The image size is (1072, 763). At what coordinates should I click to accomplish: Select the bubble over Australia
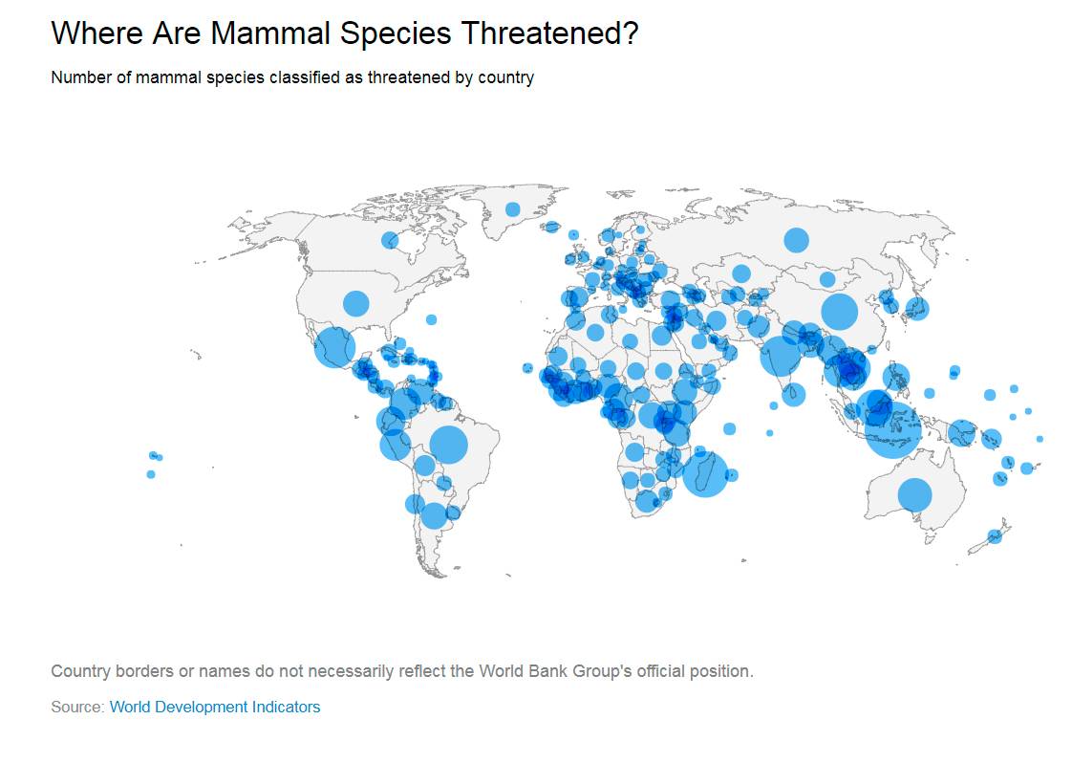[x=914, y=494]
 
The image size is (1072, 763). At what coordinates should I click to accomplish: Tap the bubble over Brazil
[x=448, y=445]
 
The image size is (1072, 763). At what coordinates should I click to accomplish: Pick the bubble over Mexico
[x=334, y=347]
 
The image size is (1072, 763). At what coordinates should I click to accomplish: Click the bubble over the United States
[x=355, y=303]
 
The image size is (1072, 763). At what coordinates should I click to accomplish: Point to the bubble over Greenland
[x=513, y=209]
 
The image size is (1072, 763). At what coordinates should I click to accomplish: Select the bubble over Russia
[x=796, y=240]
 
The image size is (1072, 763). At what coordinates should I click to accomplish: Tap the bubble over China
[x=839, y=312]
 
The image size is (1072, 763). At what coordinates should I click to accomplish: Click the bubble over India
[x=781, y=356]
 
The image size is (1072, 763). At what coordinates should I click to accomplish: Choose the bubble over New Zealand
[x=994, y=536]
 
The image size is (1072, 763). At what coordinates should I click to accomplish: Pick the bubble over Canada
[x=390, y=240]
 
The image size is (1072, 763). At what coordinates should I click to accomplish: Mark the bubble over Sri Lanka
[x=795, y=394]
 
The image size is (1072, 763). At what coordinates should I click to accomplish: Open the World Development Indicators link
[x=215, y=707]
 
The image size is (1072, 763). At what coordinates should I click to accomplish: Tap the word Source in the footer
[x=76, y=707]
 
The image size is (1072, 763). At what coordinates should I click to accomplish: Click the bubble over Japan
[x=916, y=309]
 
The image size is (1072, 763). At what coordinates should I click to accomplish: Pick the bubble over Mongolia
[x=827, y=279]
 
